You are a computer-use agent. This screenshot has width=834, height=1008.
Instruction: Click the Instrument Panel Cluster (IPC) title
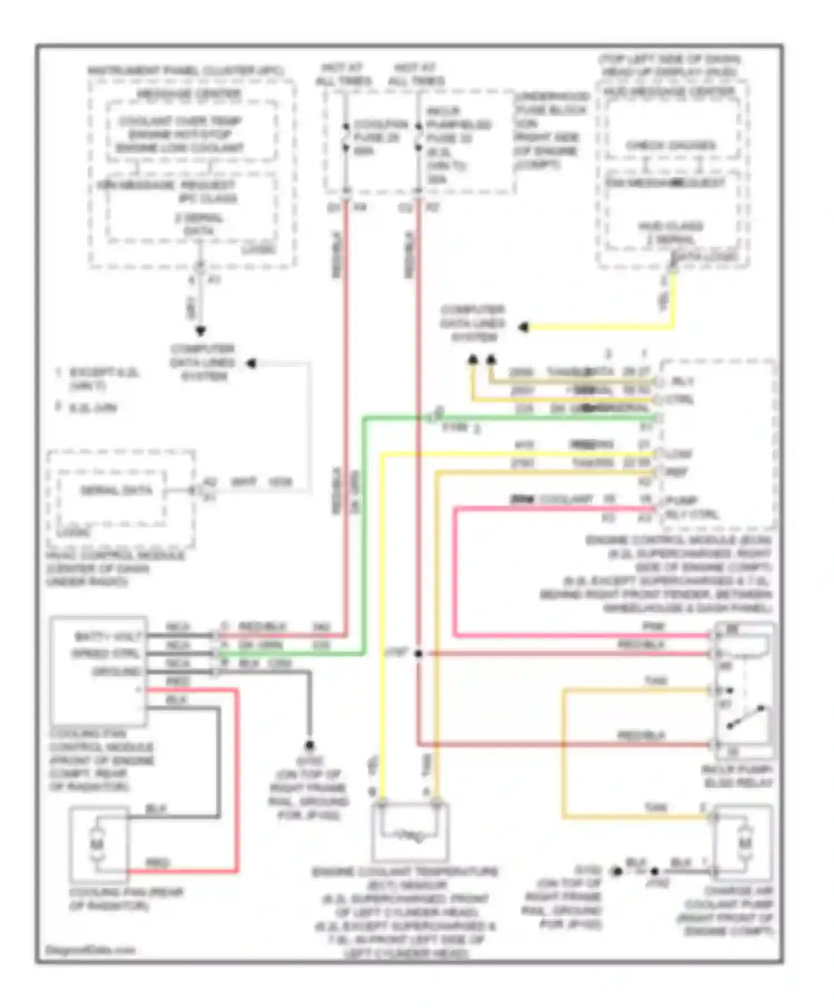tap(186, 71)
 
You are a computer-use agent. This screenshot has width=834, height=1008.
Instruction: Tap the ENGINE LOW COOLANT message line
tap(180, 148)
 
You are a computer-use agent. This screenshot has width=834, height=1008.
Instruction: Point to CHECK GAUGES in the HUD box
tap(671, 146)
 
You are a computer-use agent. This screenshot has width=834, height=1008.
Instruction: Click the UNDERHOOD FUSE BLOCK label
tap(551, 103)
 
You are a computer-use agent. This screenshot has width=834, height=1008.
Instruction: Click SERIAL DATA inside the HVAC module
tap(116, 491)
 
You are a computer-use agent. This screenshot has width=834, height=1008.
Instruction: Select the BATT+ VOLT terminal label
tap(108, 636)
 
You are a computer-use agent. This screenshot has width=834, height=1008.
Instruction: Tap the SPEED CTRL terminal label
tap(106, 653)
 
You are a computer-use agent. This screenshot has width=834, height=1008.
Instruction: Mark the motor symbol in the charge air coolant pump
tap(744, 844)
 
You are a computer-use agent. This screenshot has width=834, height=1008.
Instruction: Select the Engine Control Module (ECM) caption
tap(678, 540)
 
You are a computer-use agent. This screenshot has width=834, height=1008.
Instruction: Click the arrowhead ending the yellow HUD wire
tap(523, 327)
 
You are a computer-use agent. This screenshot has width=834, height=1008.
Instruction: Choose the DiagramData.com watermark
tap(90, 950)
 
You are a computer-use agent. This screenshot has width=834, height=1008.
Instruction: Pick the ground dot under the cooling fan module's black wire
tap(310, 745)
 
